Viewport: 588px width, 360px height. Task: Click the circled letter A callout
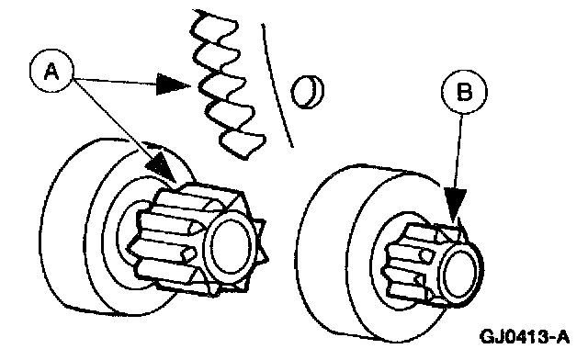[51, 71]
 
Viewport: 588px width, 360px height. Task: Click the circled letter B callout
[464, 91]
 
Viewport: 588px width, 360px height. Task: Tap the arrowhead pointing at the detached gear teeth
[173, 84]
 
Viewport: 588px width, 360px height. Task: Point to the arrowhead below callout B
[455, 205]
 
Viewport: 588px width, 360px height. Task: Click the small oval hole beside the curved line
[308, 92]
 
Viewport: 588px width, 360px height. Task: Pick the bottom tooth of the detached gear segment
[243, 144]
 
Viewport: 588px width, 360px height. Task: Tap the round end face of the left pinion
[230, 245]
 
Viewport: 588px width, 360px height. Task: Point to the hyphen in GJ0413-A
[549, 338]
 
